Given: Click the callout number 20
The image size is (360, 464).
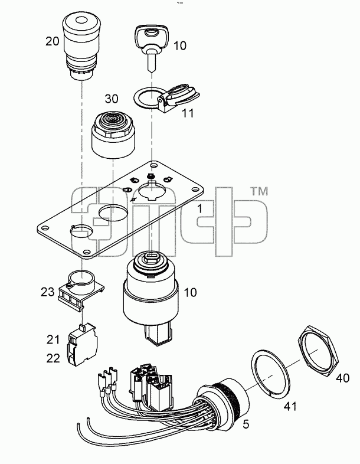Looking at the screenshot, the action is (x=53, y=41).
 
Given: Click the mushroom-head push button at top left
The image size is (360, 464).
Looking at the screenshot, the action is (x=82, y=47).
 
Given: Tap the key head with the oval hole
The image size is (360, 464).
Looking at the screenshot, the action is (x=152, y=36).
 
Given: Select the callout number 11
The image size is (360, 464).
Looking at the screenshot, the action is (x=188, y=113).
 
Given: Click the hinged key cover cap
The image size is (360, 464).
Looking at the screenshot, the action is (x=178, y=99).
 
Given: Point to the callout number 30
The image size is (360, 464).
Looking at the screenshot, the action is (x=112, y=99).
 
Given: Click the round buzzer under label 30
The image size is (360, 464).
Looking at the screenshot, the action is (x=113, y=134).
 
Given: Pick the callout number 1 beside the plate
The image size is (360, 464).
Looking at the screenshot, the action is (x=200, y=208).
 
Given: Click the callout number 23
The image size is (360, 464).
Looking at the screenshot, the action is (x=48, y=292).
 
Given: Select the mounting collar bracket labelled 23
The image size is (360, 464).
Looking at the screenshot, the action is (x=81, y=290).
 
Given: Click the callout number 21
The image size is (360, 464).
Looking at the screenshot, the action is (x=53, y=339).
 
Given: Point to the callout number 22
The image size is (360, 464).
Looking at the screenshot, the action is (x=53, y=358).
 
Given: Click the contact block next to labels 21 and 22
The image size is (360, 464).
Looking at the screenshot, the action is (x=83, y=345).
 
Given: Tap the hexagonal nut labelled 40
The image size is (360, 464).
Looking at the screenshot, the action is (x=319, y=351).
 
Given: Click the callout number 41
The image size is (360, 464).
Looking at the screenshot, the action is (x=290, y=406).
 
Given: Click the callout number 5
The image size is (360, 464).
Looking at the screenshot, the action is (x=246, y=424).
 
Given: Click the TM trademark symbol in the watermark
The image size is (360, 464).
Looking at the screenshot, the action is (x=259, y=192).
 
